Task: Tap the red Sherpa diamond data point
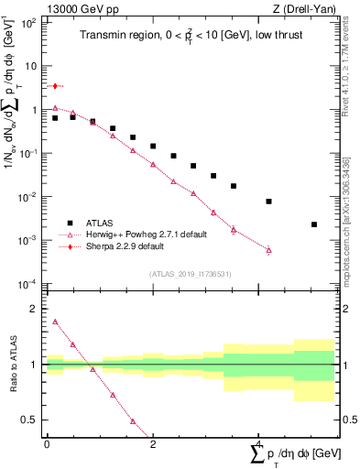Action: point(55,86)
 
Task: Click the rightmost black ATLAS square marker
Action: point(314,224)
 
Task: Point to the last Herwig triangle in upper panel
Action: point(268,249)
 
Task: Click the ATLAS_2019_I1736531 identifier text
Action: point(190,274)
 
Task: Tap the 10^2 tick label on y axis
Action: point(28,23)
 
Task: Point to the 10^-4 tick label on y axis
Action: point(28,284)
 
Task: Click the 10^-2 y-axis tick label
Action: point(28,197)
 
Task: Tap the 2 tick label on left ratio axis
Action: point(36,310)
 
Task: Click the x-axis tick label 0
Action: point(47,443)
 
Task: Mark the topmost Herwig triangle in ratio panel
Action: point(55,322)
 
